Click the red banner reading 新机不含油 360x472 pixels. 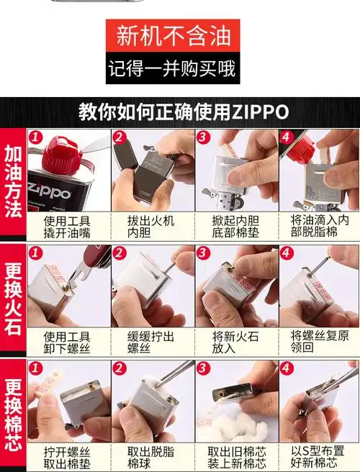pos(171,35)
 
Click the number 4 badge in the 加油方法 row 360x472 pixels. pos(287,137)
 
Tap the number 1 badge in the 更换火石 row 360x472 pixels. pos(34,253)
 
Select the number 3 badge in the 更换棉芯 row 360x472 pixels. pos(203,368)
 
